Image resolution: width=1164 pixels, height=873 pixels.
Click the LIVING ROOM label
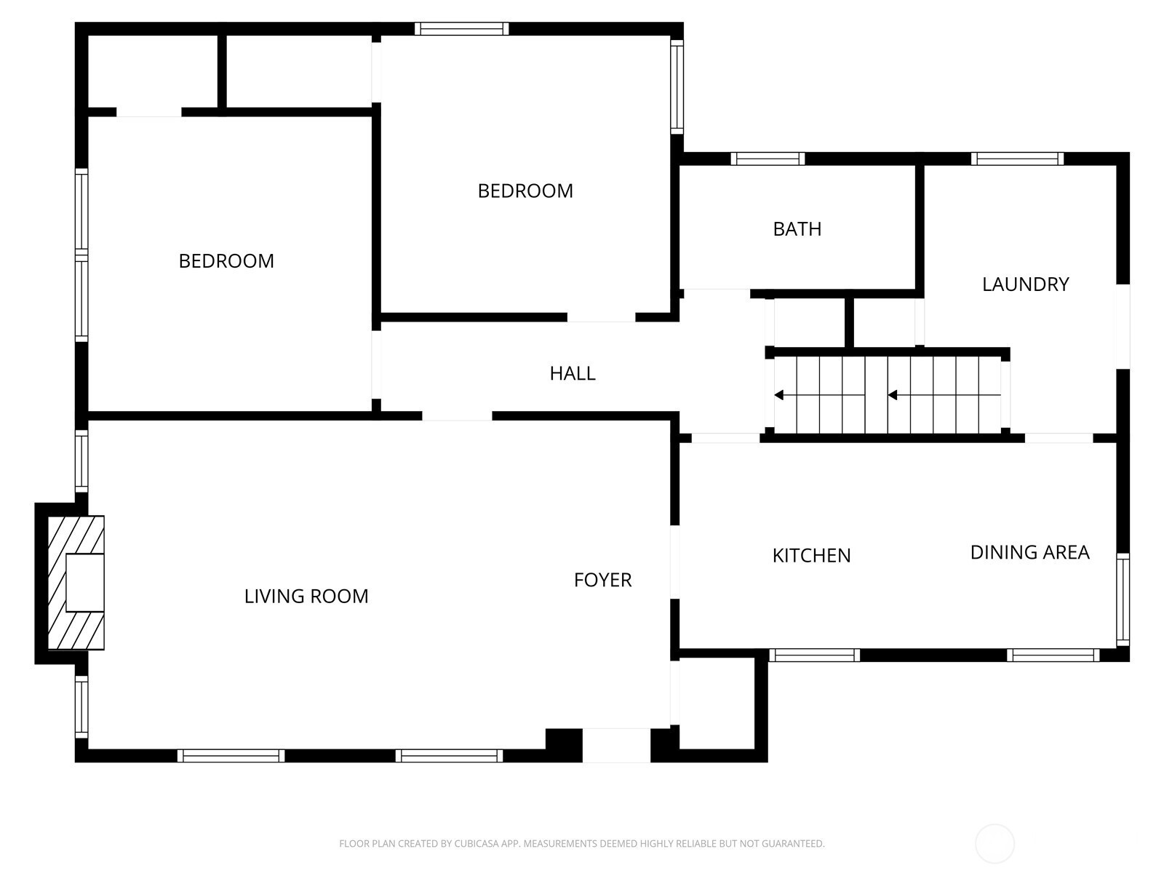(306, 597)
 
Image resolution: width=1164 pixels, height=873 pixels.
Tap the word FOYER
(602, 580)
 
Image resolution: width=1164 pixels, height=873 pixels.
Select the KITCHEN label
(811, 556)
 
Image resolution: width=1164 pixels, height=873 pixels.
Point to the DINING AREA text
(1030, 552)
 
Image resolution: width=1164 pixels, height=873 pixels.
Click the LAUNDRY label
(1025, 284)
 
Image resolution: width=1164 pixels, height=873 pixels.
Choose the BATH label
(797, 229)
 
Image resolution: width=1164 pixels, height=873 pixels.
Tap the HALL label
(573, 374)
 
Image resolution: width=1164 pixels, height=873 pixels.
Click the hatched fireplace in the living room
(76, 583)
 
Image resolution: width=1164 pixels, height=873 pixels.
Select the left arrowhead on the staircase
(779, 395)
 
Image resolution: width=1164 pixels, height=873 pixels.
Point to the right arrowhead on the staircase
(893, 395)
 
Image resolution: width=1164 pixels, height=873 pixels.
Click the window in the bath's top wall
(768, 159)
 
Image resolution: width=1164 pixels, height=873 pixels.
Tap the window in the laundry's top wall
(1017, 159)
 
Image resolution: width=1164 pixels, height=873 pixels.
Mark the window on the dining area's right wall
(1123, 599)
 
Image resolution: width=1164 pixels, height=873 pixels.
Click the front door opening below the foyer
(616, 745)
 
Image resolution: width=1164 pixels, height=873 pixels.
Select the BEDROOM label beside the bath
(525, 191)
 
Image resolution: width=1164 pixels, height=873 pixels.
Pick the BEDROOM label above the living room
(226, 260)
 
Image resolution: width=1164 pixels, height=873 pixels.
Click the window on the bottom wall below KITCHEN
(815, 655)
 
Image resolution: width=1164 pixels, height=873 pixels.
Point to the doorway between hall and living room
(457, 415)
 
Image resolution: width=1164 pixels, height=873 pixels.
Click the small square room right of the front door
(717, 703)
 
